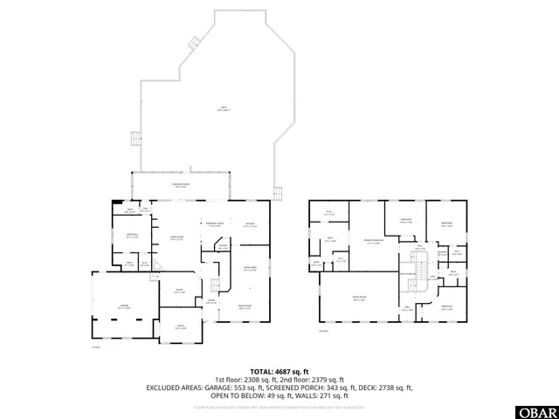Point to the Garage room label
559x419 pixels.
click(x=125, y=306)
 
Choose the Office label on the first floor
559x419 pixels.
click(x=180, y=328)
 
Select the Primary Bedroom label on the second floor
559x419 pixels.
click(x=373, y=243)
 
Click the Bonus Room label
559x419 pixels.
click(x=358, y=299)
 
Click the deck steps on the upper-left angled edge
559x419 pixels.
click(x=135, y=139)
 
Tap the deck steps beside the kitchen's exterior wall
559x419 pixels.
click(x=279, y=192)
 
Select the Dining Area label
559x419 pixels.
click(x=249, y=269)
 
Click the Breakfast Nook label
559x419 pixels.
click(x=215, y=225)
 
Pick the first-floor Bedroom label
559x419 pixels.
click(x=132, y=235)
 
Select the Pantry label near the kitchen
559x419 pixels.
click(x=224, y=246)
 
